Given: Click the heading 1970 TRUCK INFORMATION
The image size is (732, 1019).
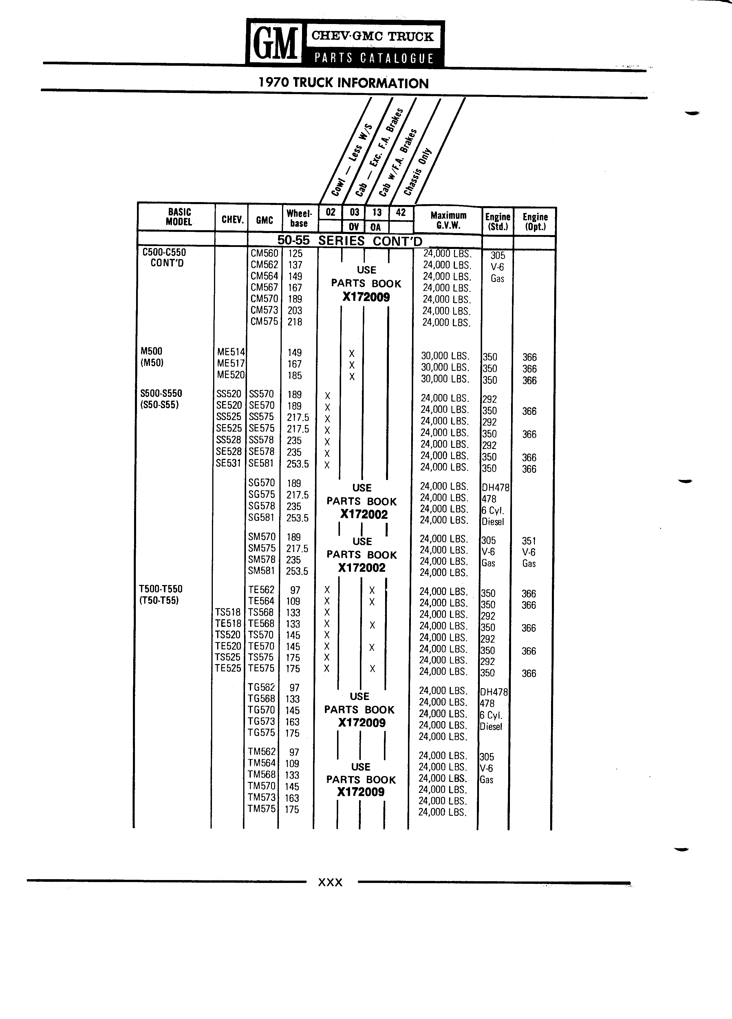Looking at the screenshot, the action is (344, 83).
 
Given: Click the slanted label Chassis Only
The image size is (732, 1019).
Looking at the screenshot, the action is (418, 172).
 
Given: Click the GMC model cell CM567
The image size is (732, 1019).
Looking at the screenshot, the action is (264, 287).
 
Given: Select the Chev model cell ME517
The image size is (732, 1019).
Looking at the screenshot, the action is (231, 364).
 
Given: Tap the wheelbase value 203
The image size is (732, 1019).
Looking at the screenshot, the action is (295, 310).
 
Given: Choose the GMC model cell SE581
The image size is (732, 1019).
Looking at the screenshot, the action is (261, 463).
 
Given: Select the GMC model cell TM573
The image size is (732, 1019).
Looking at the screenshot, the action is (261, 798).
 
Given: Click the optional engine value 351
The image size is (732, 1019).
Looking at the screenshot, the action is (529, 541).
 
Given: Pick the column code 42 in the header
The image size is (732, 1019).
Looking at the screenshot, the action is (401, 212).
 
